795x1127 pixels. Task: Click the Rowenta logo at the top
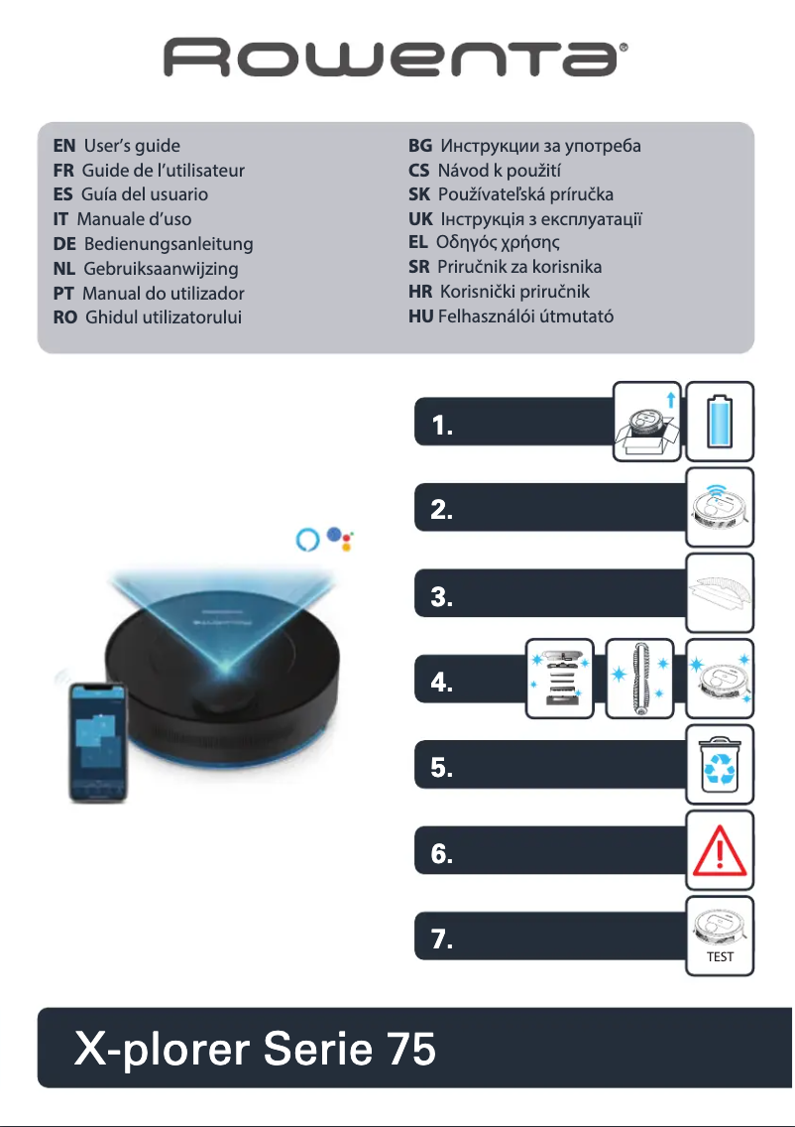[397, 58]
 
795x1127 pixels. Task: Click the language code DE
[64, 244]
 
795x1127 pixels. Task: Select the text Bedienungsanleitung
[169, 244]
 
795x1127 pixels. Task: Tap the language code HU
[420, 317]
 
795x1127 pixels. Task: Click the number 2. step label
[442, 512]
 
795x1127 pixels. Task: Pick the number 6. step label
[442, 855]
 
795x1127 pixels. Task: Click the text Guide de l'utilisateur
[163, 171]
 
